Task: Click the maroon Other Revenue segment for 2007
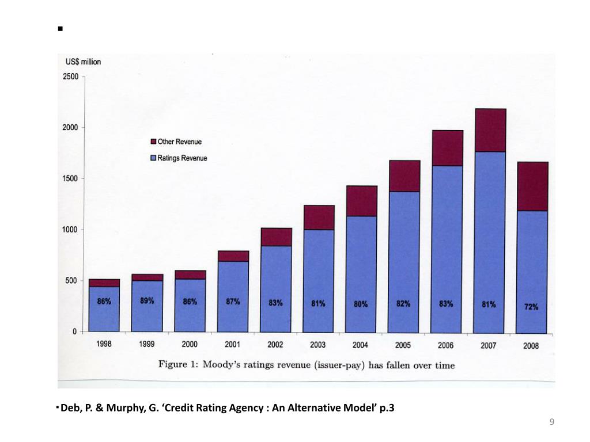[490, 130]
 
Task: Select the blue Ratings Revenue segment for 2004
[361, 274]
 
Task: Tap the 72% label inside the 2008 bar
[531, 307]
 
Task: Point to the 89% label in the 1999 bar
[147, 300]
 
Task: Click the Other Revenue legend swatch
[153, 142]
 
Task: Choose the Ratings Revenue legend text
[182, 158]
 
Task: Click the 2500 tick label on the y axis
[70, 77]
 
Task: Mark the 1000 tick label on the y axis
[70, 230]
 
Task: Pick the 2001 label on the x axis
[233, 344]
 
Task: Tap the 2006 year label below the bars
[445, 345]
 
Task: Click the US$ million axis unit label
[83, 62]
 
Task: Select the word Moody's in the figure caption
[222, 364]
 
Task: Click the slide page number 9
[552, 422]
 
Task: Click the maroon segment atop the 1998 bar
[104, 283]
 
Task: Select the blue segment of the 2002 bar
[276, 289]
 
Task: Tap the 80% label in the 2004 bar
[361, 304]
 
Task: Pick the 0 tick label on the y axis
[74, 331]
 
